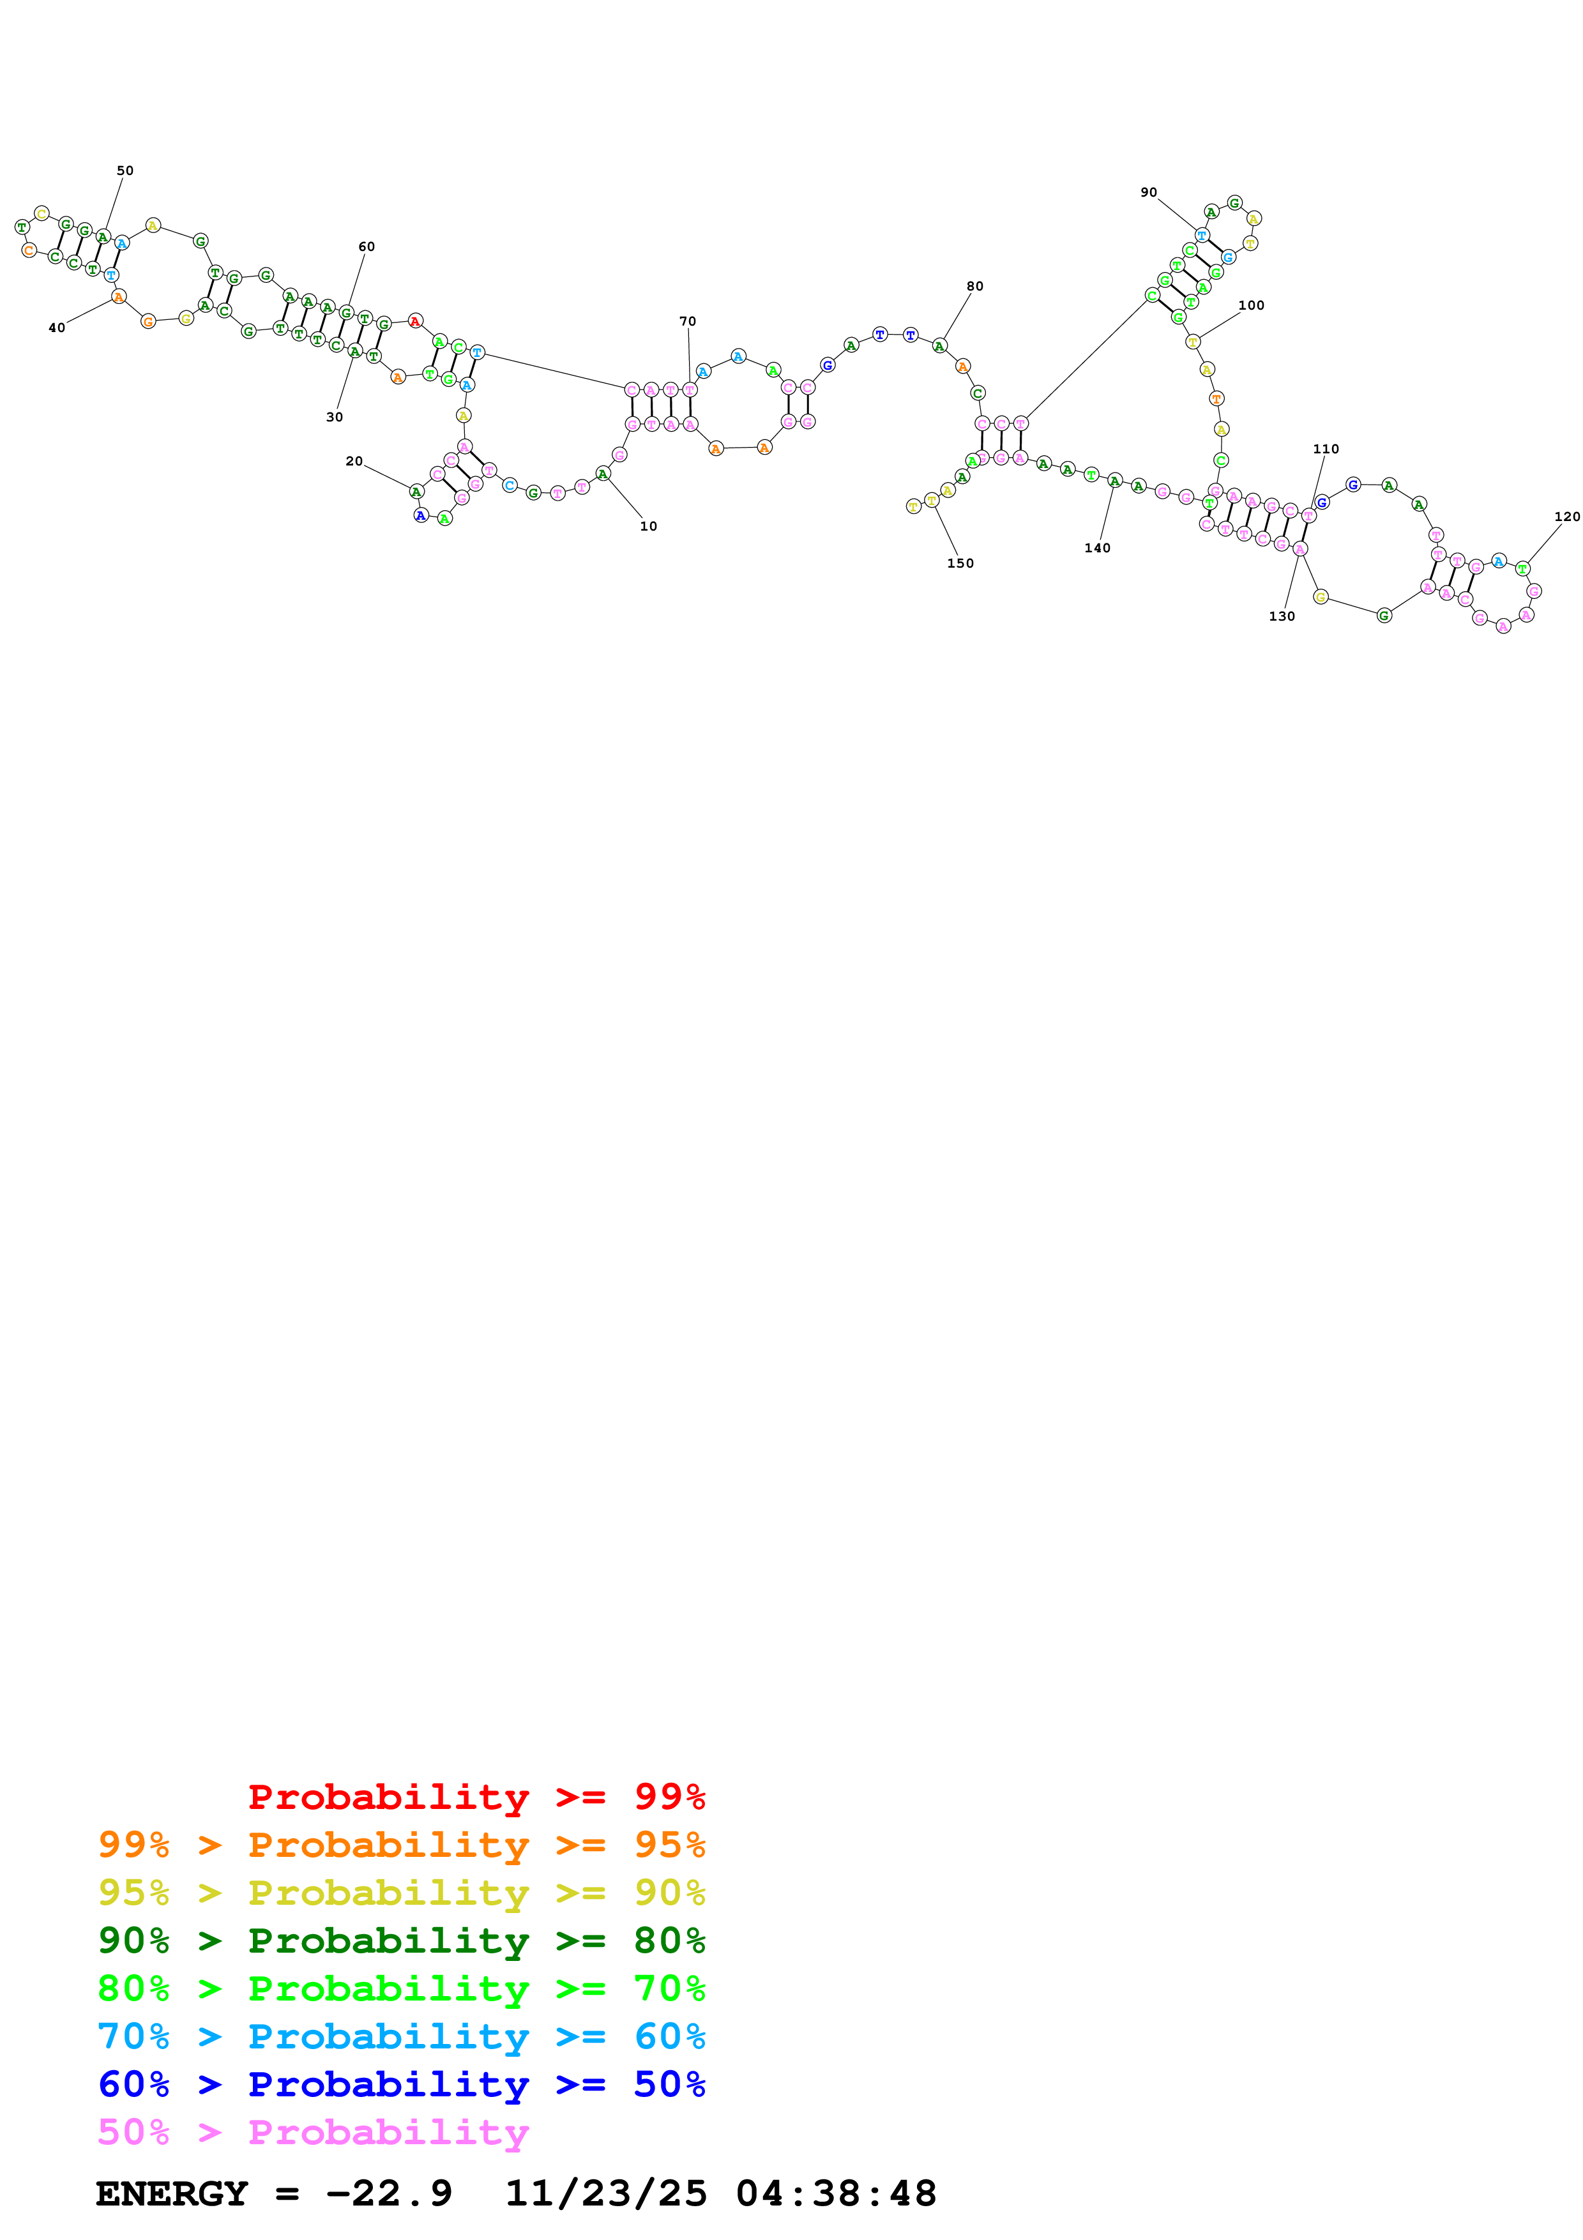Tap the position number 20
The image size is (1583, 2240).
coord(354,462)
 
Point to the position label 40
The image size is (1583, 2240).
coord(57,328)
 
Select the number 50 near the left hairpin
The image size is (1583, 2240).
coord(125,170)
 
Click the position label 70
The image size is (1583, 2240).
coord(688,322)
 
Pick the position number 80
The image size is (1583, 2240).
coord(974,287)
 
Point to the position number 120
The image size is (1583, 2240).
coord(1566,517)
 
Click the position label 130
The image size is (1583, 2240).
coord(1282,617)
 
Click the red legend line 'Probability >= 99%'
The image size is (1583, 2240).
coord(476,1797)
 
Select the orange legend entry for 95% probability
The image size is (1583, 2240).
coord(402,1845)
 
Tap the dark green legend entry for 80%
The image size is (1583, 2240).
coord(402,1941)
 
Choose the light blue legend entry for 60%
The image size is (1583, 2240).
coord(402,2036)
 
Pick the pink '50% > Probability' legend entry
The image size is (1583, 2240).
coord(312,2131)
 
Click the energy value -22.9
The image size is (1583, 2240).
coord(388,2193)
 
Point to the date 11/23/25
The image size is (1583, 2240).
coord(605,2193)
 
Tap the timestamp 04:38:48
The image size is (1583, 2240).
coord(836,2193)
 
